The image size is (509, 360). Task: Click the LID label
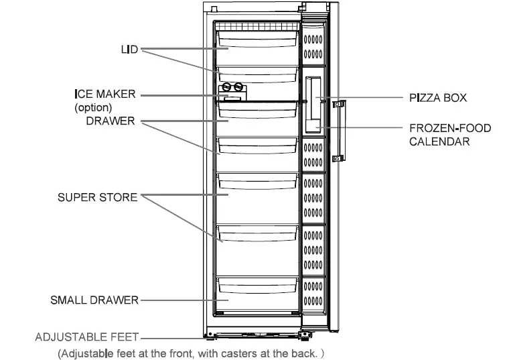129,50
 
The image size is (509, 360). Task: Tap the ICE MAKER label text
104,95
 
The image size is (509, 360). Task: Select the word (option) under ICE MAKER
93,107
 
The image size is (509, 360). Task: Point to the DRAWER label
111,121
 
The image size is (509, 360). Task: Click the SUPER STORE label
97,197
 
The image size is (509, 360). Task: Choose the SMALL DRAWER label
94,300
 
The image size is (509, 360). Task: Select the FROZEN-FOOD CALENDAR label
449,134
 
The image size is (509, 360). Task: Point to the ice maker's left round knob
225,87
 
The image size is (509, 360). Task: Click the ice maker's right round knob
237,87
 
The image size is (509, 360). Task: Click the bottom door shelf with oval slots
313,295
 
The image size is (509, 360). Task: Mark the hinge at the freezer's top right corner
311,8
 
